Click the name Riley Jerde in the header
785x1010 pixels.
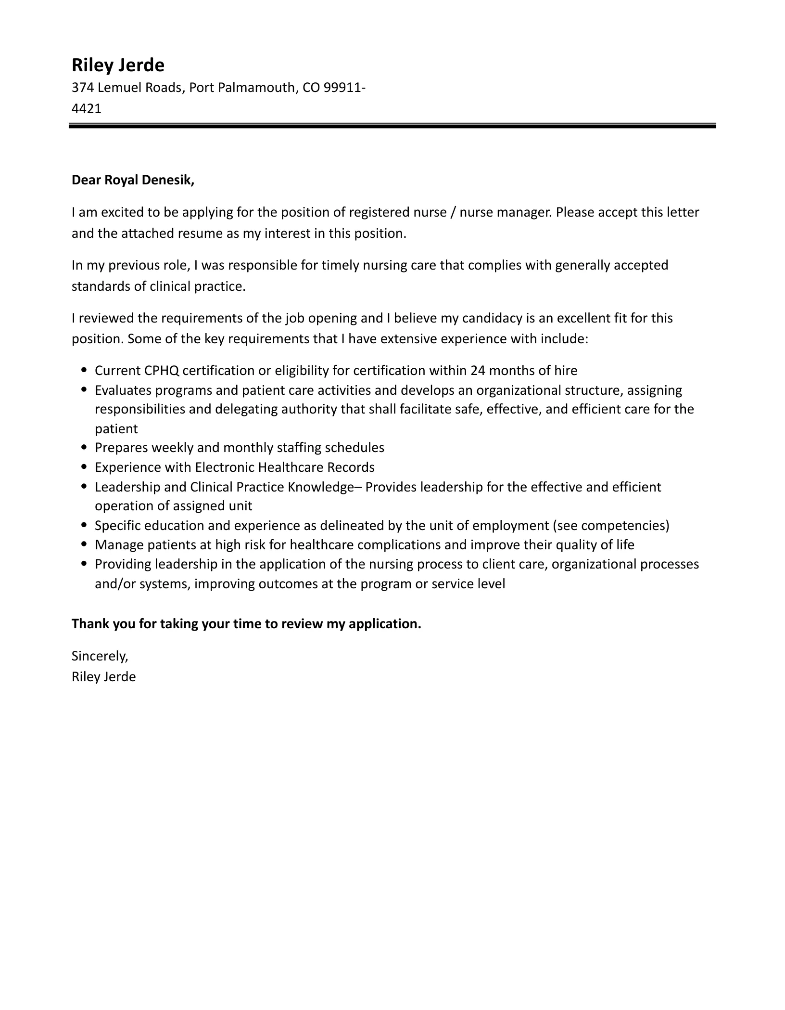[118, 65]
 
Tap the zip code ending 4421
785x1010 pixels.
[87, 108]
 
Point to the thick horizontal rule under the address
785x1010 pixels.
[392, 126]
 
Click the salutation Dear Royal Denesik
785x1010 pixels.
[133, 180]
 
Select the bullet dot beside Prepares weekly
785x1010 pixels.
[84, 448]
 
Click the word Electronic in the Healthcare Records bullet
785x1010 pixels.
[224, 467]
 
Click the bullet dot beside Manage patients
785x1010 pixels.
[84, 545]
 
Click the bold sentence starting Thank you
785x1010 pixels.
[246, 624]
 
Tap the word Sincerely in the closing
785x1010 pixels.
[100, 656]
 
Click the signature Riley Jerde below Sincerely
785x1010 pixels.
[103, 677]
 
